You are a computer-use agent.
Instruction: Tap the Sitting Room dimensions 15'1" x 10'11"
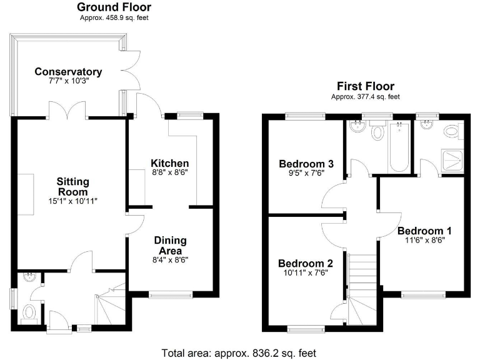pyautogui.click(x=74, y=201)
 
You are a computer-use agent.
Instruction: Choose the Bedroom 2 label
pyautogui.click(x=305, y=263)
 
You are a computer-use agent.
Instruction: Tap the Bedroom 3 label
pyautogui.click(x=306, y=164)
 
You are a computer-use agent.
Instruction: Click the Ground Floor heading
pyautogui.click(x=114, y=7)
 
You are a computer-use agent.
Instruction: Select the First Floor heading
pyautogui.click(x=364, y=86)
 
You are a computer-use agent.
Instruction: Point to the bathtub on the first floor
pyautogui.click(x=398, y=147)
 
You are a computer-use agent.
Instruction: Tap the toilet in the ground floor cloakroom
pyautogui.click(x=28, y=312)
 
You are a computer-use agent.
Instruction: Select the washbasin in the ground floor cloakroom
pyautogui.click(x=28, y=277)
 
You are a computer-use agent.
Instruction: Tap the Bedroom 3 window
pyautogui.click(x=306, y=115)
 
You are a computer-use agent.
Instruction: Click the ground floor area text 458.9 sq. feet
pyautogui.click(x=114, y=18)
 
